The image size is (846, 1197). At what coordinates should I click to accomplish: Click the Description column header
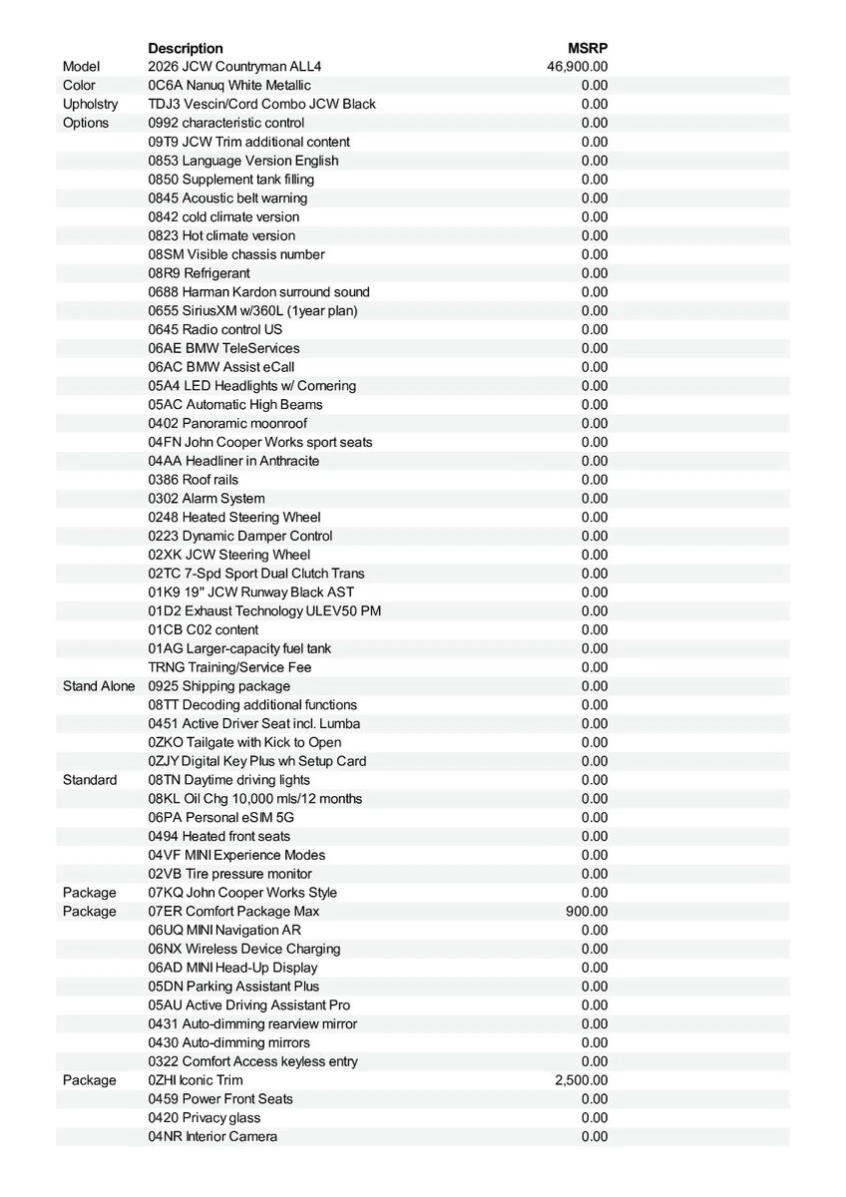[x=186, y=48]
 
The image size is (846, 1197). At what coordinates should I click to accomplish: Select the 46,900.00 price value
[x=577, y=67]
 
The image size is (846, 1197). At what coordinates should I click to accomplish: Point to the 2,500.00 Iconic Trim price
[x=581, y=1080]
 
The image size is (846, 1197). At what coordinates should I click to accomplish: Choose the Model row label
[x=81, y=67]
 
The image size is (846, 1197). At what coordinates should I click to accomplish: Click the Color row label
[x=79, y=86]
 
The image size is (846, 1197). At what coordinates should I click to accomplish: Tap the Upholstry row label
[x=90, y=105]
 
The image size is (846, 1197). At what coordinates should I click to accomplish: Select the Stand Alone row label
[x=99, y=686]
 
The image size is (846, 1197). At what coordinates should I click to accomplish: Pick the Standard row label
[x=90, y=780]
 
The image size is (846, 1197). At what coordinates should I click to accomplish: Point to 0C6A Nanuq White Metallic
[x=229, y=86]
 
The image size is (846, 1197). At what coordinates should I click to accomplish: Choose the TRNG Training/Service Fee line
[x=229, y=667]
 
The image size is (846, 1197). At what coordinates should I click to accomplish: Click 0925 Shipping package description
[x=219, y=686]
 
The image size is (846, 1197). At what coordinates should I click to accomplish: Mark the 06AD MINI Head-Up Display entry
[x=232, y=968]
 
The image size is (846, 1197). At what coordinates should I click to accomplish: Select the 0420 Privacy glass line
[x=205, y=1118]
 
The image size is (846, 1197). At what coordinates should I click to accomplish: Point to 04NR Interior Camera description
[x=212, y=1137]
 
